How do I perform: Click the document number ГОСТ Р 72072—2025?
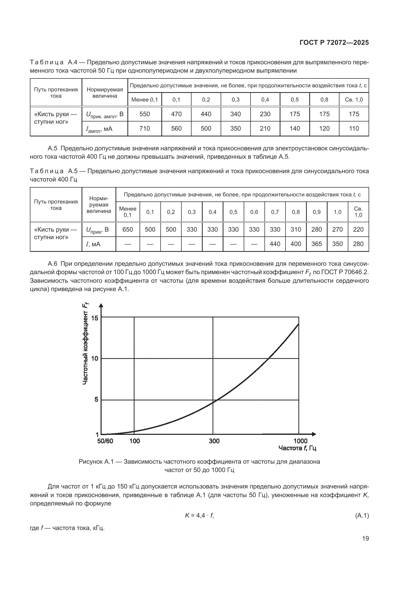click(x=334, y=43)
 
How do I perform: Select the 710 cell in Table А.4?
click(x=144, y=128)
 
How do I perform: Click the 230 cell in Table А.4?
click(x=265, y=114)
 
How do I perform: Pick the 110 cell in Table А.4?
click(x=354, y=128)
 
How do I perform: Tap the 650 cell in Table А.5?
click(x=127, y=229)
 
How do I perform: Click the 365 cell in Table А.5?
click(x=317, y=244)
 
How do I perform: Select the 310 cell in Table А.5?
click(x=296, y=229)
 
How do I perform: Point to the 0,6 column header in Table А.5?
click(x=254, y=212)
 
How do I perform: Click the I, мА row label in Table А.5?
click(x=93, y=244)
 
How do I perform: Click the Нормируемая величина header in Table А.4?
click(x=105, y=93)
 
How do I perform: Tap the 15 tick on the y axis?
click(x=95, y=318)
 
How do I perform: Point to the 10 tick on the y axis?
click(x=95, y=358)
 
